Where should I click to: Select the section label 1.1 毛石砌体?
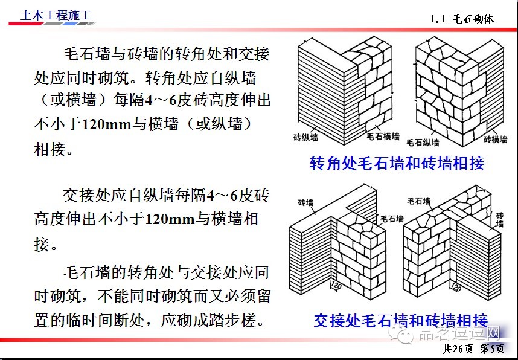coord(462,19)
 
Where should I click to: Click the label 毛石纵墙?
coord(423,143)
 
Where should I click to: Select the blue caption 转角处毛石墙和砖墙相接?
coord(397,163)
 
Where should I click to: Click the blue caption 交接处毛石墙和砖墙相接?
coord(400,320)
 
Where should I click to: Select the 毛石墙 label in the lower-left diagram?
coord(392,219)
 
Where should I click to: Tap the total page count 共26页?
coord(459,349)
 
